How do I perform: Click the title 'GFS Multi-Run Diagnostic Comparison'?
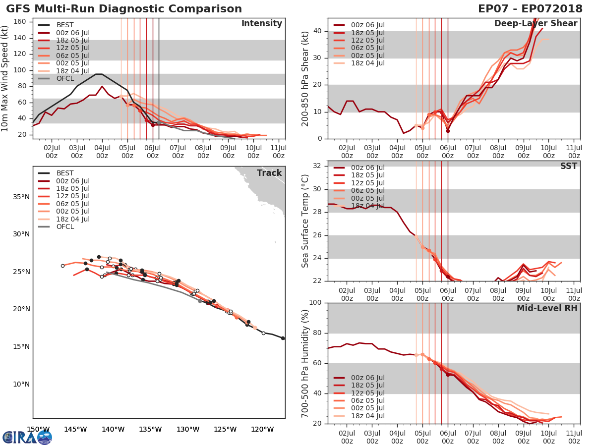coord(124,9)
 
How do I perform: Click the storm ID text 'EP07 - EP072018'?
coord(530,9)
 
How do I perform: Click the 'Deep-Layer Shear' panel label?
coord(535,24)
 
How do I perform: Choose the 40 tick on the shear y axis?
coord(317,31)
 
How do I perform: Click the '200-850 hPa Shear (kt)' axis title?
coord(305,78)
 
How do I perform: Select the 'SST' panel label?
coord(568,166)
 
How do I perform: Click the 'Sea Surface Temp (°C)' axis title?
coord(305,221)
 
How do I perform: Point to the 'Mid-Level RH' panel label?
coord(546,308)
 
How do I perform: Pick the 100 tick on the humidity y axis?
coord(315,303)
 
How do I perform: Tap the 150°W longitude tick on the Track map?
coord(38,429)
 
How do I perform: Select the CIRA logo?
coord(27,437)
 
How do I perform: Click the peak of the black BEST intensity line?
coord(99,74)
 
